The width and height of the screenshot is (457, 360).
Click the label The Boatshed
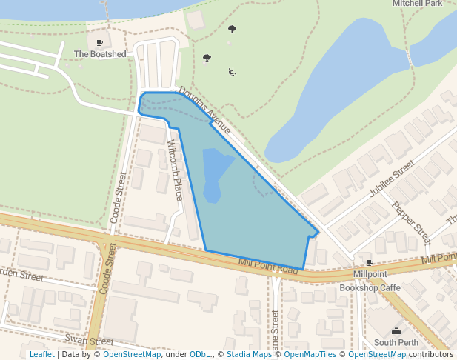100,54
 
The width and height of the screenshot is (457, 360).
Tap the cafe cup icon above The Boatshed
100,43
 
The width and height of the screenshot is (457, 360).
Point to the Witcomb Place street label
175,170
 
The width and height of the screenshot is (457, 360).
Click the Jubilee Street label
392,181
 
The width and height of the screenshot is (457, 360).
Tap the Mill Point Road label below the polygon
268,267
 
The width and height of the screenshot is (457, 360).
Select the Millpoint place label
370,274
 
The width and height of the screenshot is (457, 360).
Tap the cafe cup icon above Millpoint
370,263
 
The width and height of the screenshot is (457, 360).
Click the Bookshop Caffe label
370,287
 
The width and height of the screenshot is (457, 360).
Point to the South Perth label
396,342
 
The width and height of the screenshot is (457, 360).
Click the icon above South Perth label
396,330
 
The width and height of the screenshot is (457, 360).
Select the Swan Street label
88,340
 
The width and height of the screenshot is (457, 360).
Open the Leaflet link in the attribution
41,355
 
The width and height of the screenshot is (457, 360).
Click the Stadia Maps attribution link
249,355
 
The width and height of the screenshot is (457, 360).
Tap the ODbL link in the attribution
200,355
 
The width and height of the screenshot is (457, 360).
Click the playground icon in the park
232,72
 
